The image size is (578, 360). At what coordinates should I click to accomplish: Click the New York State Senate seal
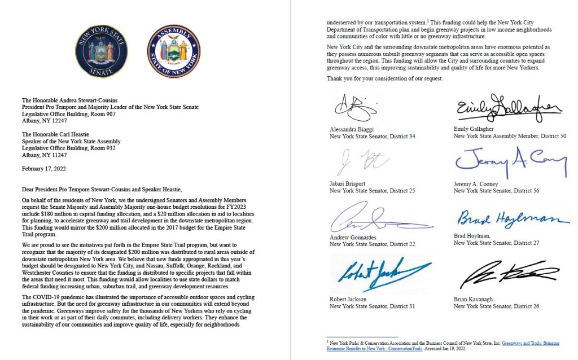point(101,51)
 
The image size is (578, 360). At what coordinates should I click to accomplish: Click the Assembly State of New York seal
point(173,51)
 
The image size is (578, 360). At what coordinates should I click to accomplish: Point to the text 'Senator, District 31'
point(388,306)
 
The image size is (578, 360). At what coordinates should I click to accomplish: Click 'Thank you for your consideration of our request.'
point(385,78)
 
